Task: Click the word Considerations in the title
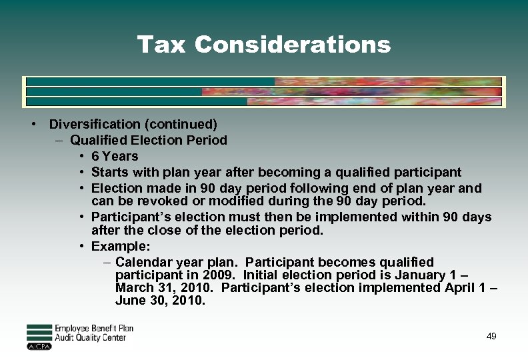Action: point(293,45)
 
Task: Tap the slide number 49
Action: point(491,337)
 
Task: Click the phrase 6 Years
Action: point(115,156)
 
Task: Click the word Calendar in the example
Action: point(147,262)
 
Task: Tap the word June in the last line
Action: point(131,300)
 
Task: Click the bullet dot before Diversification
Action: point(32,124)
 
